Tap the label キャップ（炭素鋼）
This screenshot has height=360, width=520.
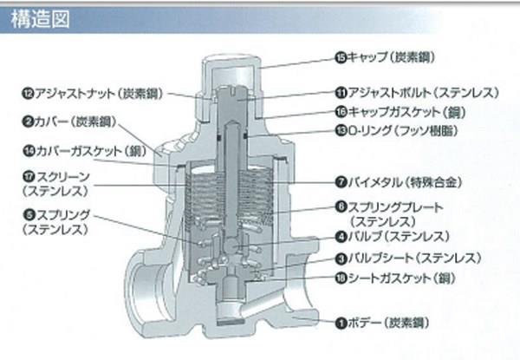(x=390, y=57)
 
